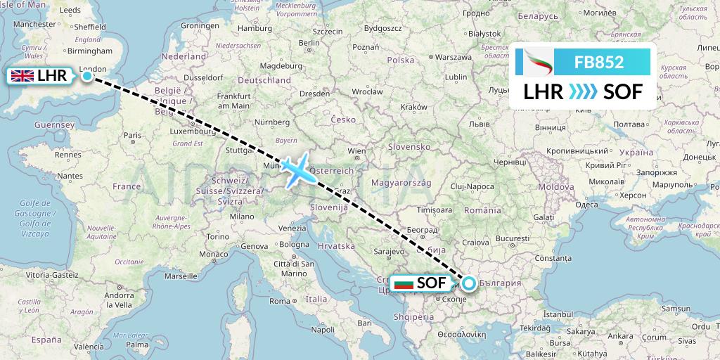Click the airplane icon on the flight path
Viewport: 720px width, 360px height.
[x=301, y=169]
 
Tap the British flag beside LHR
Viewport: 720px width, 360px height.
[x=22, y=76]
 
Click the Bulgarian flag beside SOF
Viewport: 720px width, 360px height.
[x=404, y=283]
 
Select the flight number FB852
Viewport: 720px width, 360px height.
[x=599, y=62]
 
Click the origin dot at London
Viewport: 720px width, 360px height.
[x=86, y=76]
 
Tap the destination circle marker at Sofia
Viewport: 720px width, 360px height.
[x=468, y=284]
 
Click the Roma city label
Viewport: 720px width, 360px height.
[x=279, y=301]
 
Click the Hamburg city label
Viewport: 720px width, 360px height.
[x=255, y=29]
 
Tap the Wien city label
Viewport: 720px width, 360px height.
[x=356, y=150]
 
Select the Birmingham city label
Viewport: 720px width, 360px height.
[x=89, y=51]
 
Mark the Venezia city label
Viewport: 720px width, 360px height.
[x=292, y=229]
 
